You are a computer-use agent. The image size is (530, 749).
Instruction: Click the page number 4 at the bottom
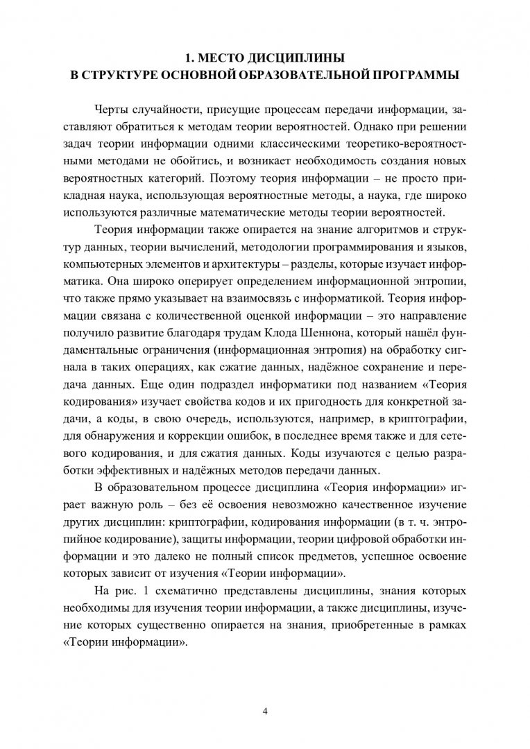click(265, 709)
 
